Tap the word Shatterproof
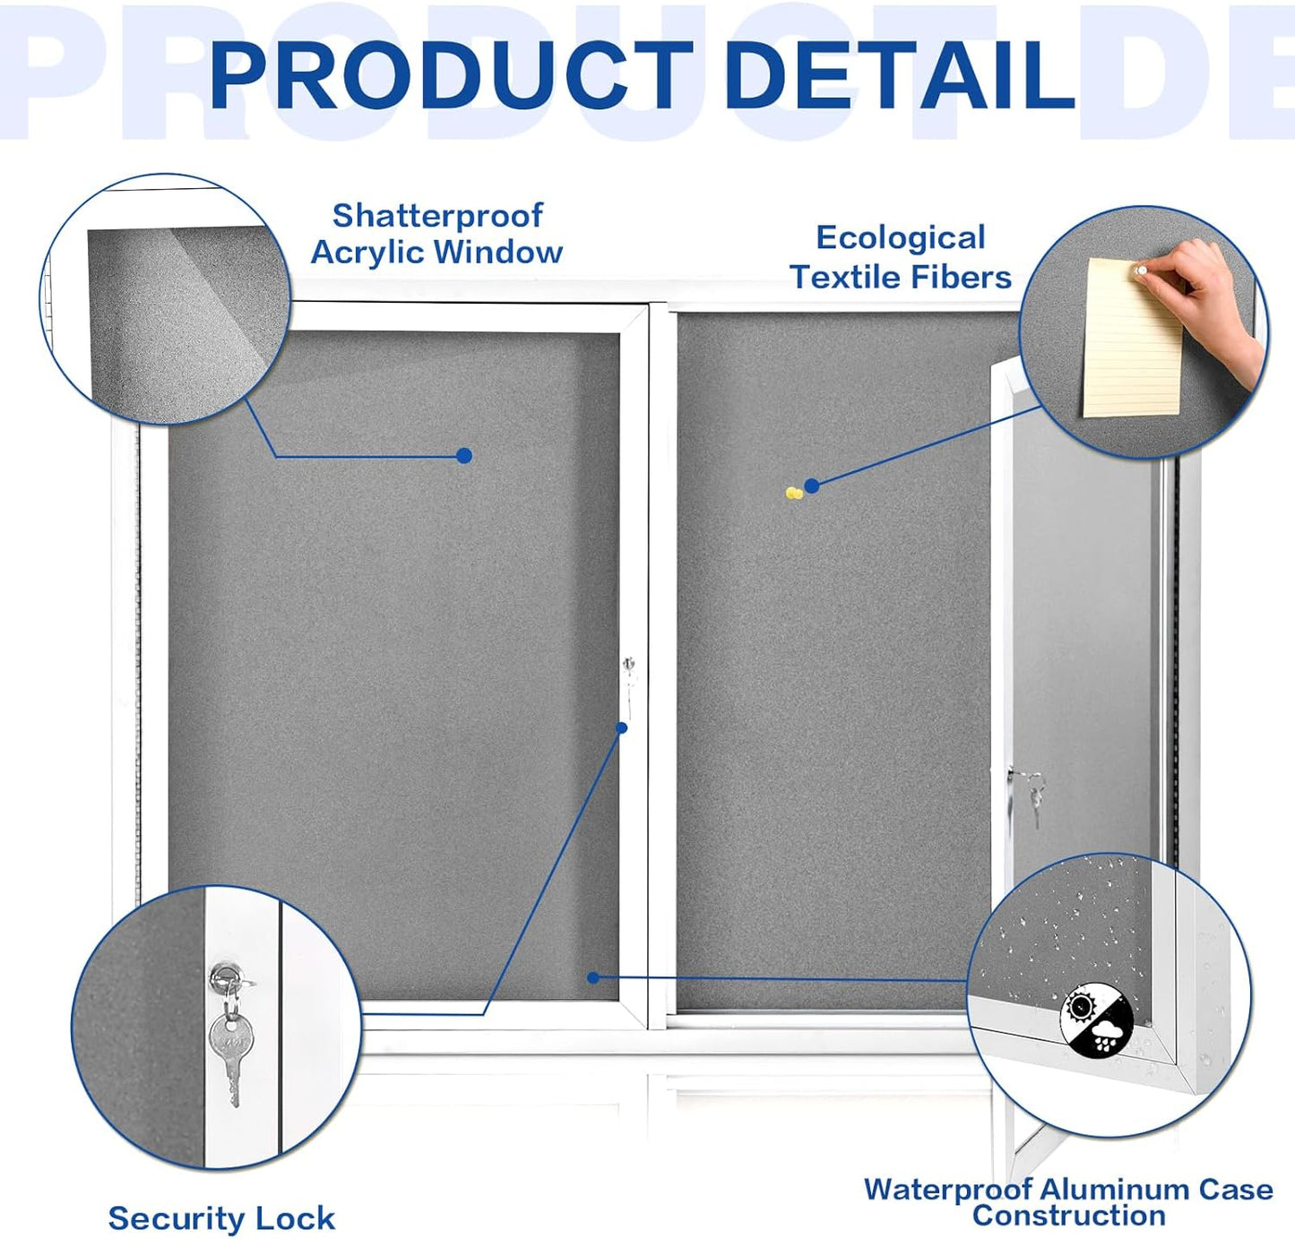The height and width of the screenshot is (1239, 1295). (x=437, y=216)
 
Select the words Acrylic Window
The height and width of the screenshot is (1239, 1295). (x=436, y=253)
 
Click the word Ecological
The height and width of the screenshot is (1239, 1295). (x=900, y=238)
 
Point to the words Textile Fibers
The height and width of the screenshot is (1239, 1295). (x=900, y=278)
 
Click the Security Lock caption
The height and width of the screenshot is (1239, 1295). (x=221, y=1218)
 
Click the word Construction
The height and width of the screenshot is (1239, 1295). (x=1068, y=1216)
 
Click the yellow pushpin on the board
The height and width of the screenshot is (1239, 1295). (x=793, y=493)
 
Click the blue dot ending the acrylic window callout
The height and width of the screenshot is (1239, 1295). (x=463, y=456)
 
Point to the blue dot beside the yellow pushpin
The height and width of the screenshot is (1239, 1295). (x=812, y=486)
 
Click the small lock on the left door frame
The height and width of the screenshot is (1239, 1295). (x=629, y=667)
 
